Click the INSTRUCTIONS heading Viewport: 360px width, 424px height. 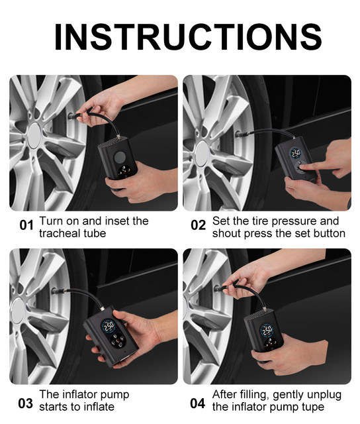point(188,37)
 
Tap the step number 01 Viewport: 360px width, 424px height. point(26,225)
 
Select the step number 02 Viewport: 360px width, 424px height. point(198,225)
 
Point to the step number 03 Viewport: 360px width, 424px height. point(25,403)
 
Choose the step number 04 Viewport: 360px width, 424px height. point(197,403)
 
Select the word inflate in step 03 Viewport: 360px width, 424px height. point(99,406)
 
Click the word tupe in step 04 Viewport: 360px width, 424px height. point(314,407)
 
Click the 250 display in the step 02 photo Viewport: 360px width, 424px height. point(296,153)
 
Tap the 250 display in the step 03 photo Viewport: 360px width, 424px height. point(109,327)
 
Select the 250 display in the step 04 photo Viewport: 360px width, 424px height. point(267,331)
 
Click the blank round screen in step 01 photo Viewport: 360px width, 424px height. point(120,158)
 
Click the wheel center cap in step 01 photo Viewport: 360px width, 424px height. point(34,135)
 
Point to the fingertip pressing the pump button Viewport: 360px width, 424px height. point(303,167)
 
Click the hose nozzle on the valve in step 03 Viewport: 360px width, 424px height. point(59,291)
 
